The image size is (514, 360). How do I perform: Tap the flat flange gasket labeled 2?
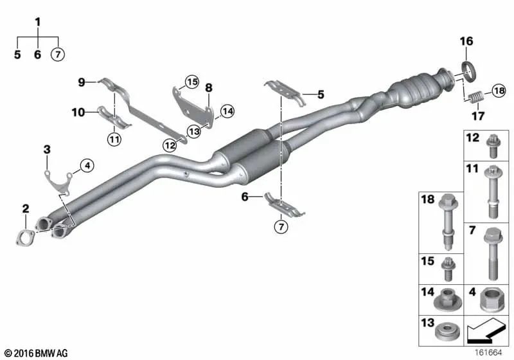coord(24,237)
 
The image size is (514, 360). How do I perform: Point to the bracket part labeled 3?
coord(57,180)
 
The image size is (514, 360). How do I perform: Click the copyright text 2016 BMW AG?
coord(35,353)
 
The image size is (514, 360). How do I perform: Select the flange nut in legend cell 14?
coord(443,300)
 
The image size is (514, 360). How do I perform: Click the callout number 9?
coord(81,82)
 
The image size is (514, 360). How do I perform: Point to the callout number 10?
coord(78,113)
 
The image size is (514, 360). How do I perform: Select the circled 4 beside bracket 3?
coord(87,165)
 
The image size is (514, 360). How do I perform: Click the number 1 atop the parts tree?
coord(37,22)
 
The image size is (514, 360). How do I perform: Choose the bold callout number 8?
coord(208,87)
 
